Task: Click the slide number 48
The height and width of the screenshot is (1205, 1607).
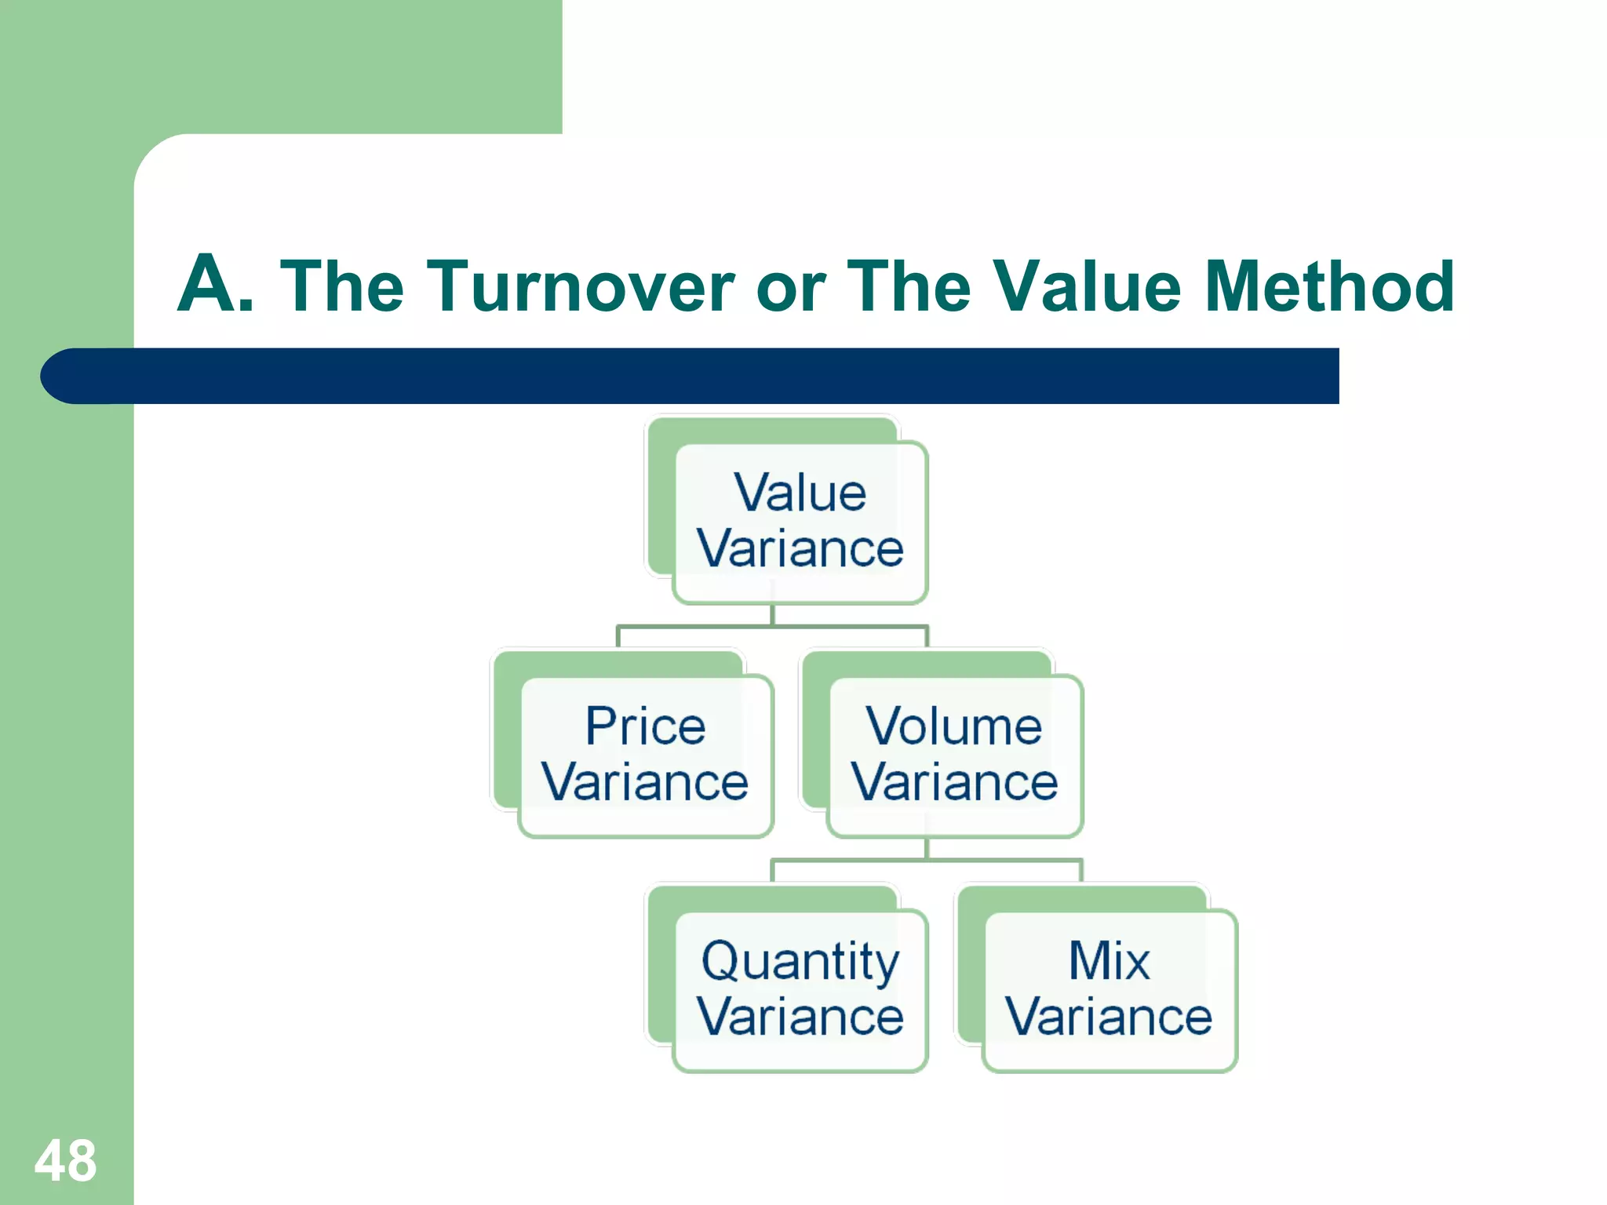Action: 65,1160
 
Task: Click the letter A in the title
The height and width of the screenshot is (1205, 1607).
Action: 206,284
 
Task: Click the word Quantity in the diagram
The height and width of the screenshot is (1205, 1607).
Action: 800,962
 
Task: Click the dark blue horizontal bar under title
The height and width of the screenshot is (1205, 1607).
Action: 706,376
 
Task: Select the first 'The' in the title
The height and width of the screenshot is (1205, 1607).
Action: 342,286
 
